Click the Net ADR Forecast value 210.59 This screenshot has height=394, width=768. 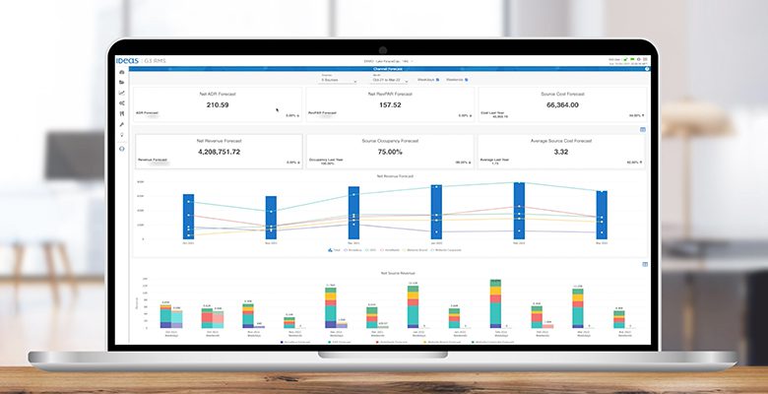click(218, 104)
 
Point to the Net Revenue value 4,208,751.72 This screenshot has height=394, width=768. click(218, 152)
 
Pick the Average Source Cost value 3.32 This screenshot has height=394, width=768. click(560, 152)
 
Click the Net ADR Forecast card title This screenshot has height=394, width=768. click(218, 93)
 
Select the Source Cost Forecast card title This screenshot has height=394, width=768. click(560, 93)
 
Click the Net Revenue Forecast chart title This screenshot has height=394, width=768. click(392, 175)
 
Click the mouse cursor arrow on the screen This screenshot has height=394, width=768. click(277, 110)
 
